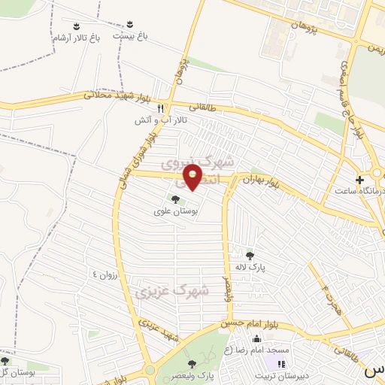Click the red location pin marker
point(194,177)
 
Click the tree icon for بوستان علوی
point(175,199)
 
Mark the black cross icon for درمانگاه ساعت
point(360,180)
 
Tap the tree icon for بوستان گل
point(6,362)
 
